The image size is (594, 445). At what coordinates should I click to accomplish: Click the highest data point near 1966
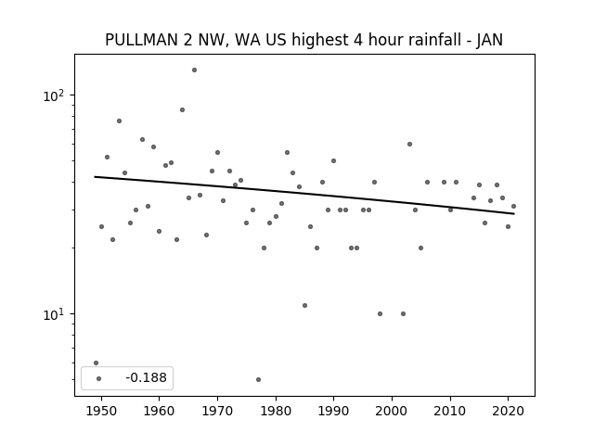click(x=194, y=70)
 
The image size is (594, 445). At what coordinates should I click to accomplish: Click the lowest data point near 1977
click(x=258, y=379)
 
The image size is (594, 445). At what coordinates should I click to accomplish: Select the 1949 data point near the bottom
click(x=96, y=362)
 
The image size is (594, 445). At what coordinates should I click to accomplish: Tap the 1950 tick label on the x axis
click(x=101, y=412)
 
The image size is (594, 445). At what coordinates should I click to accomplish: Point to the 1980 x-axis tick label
click(x=276, y=412)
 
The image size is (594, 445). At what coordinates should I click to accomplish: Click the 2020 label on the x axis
click(x=508, y=412)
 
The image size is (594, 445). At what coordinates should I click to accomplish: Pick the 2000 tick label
click(x=392, y=412)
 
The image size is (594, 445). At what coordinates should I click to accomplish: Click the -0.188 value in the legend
click(x=147, y=377)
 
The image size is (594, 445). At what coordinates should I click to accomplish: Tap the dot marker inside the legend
click(x=99, y=378)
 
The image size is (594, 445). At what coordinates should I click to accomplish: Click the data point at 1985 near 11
click(x=305, y=305)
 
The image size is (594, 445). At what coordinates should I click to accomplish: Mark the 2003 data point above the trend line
click(x=409, y=145)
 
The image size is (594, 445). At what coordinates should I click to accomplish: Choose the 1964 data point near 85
click(x=182, y=109)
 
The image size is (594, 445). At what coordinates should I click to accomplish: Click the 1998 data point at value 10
click(x=380, y=313)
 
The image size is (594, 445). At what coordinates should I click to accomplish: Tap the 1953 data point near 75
click(x=119, y=121)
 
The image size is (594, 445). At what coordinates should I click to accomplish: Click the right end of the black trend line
click(x=514, y=214)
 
